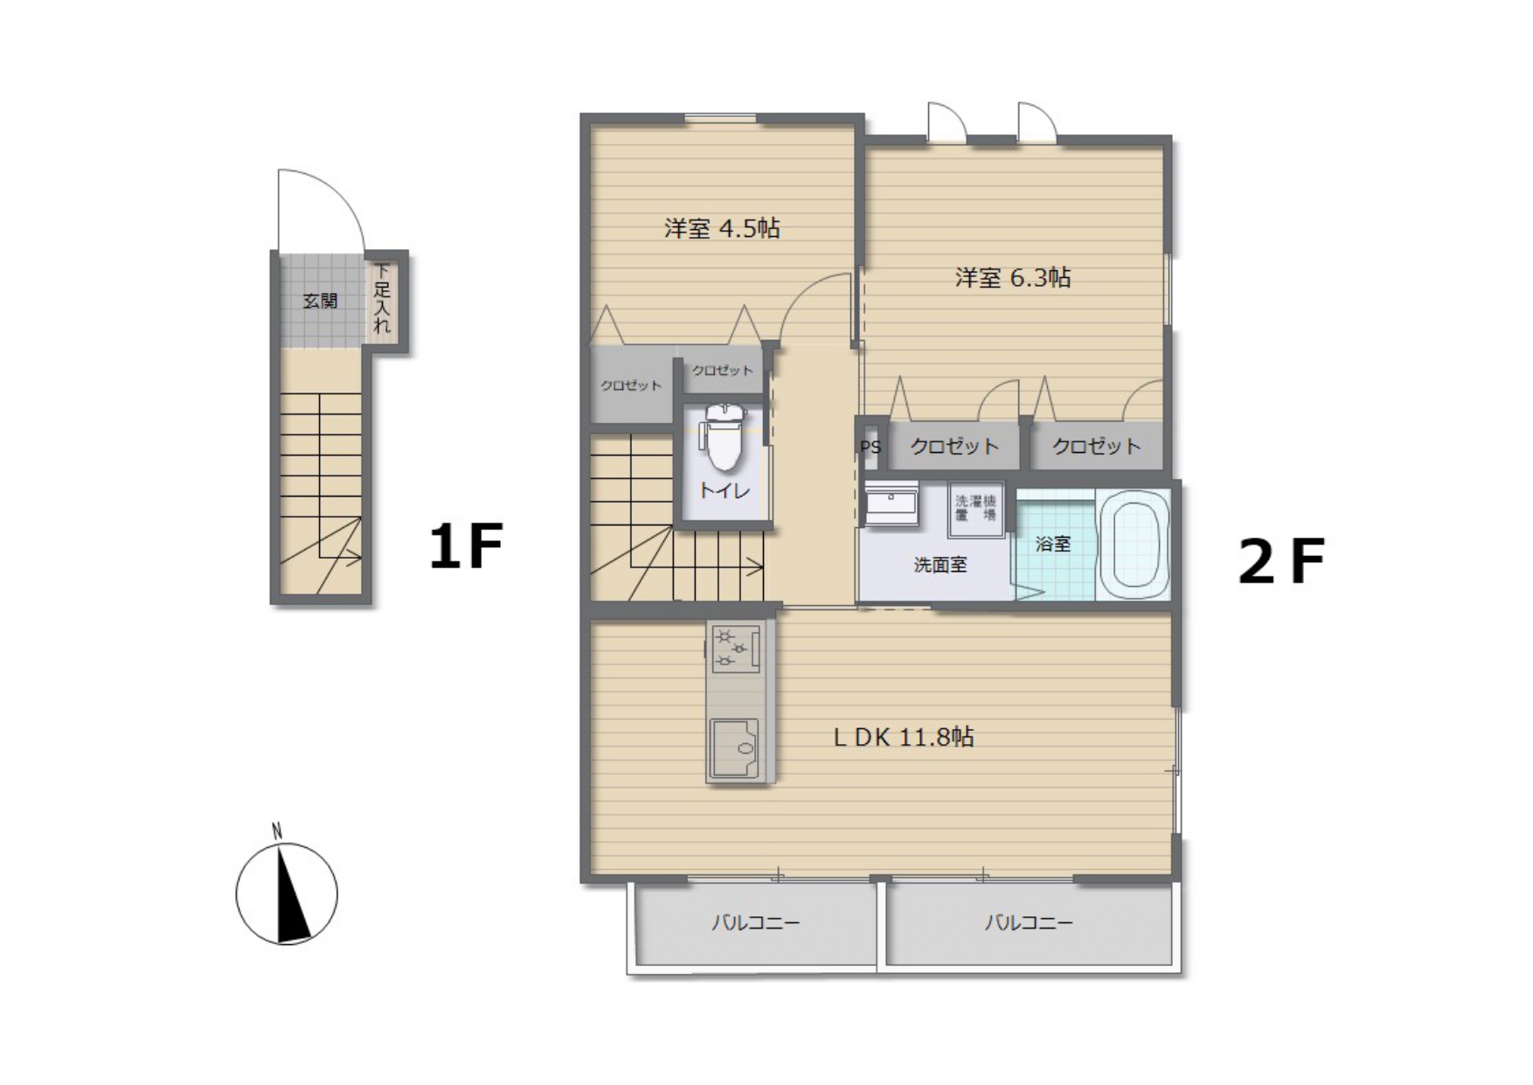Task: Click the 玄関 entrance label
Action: click(320, 301)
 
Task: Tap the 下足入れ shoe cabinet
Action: click(383, 299)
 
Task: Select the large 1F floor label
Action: click(466, 546)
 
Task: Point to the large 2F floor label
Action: click(1281, 560)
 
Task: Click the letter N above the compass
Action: click(277, 831)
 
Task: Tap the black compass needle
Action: click(293, 896)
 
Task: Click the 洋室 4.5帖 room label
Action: click(722, 229)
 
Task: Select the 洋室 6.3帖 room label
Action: click(1013, 278)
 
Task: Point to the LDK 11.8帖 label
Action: click(904, 737)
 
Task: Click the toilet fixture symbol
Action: click(723, 437)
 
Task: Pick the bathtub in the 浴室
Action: click(1134, 544)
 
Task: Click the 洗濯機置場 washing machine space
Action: click(975, 508)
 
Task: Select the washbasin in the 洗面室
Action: click(891, 504)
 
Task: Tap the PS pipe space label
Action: click(871, 448)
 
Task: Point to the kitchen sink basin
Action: click(735, 748)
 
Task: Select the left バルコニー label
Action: click(755, 922)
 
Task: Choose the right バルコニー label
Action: click(1029, 922)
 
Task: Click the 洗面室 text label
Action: click(940, 565)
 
